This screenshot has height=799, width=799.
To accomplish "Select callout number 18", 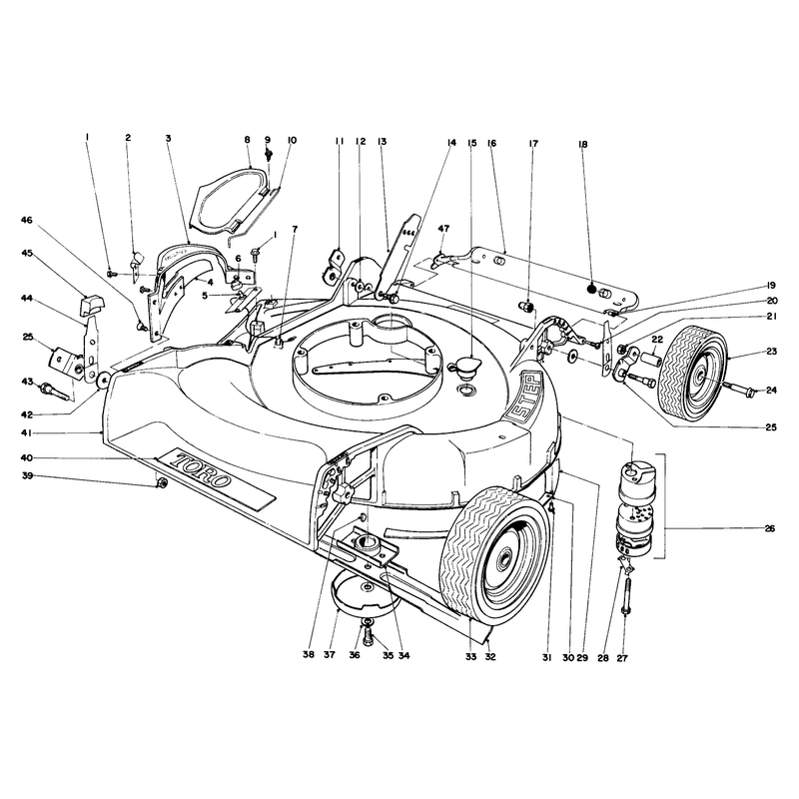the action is coord(583,144).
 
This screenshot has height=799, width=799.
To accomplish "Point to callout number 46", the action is coord(27,220).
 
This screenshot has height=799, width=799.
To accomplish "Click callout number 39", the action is coord(27,475).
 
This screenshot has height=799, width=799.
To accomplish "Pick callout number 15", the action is coord(471,143).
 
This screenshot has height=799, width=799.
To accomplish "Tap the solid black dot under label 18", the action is coord(591,288).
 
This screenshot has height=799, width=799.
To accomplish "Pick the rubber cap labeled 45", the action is coord(91,305).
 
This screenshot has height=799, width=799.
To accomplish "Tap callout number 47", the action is coord(443,229).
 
